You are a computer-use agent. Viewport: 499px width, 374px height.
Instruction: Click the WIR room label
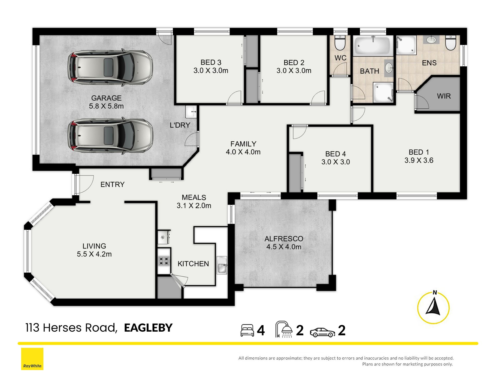pyautogui.click(x=444, y=96)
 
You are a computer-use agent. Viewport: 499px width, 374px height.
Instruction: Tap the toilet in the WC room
pyautogui.click(x=339, y=43)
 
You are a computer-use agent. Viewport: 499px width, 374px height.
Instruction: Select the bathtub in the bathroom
pyautogui.click(x=373, y=46)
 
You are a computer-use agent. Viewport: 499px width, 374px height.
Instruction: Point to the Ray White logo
pyautogui.click(x=32, y=359)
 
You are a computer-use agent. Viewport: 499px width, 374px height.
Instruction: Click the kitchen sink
pyautogui.click(x=222, y=265)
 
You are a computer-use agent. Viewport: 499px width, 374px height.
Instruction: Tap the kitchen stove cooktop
pyautogui.click(x=164, y=261)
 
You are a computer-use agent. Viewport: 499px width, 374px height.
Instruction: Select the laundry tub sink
pyautogui.click(x=191, y=112)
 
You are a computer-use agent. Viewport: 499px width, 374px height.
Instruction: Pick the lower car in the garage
pyautogui.click(x=110, y=136)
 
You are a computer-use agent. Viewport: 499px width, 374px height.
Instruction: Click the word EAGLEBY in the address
pyautogui.click(x=148, y=328)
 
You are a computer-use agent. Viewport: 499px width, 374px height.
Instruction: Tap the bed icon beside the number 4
pyautogui.click(x=247, y=330)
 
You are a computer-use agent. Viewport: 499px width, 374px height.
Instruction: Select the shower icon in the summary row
pyautogui.click(x=284, y=329)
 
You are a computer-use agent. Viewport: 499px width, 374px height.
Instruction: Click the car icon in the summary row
pyautogui.click(x=322, y=332)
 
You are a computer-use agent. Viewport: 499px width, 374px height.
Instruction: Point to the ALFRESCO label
pyautogui.click(x=284, y=239)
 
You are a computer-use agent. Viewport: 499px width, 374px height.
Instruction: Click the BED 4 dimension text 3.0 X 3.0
pyautogui.click(x=336, y=162)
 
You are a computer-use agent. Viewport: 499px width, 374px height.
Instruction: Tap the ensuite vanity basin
pyautogui.click(x=431, y=40)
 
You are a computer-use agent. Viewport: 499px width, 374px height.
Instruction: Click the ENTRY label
pyautogui.click(x=113, y=185)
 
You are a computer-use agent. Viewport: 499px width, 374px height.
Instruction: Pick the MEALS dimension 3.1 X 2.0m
pyautogui.click(x=194, y=206)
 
